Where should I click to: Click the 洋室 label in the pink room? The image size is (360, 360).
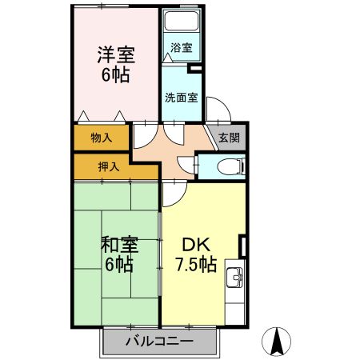click(116, 56)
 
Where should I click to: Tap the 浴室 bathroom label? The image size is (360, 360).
click(182, 47)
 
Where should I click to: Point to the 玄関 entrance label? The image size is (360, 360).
click(229, 138)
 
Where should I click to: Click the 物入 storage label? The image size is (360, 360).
click(101, 138)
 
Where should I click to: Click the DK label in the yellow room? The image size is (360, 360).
click(194, 245)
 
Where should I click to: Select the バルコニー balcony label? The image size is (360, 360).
click(159, 342)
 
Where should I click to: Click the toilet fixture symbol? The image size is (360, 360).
click(233, 167)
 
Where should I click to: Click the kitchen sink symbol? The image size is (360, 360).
click(234, 278)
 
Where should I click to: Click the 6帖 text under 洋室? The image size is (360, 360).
click(116, 76)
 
